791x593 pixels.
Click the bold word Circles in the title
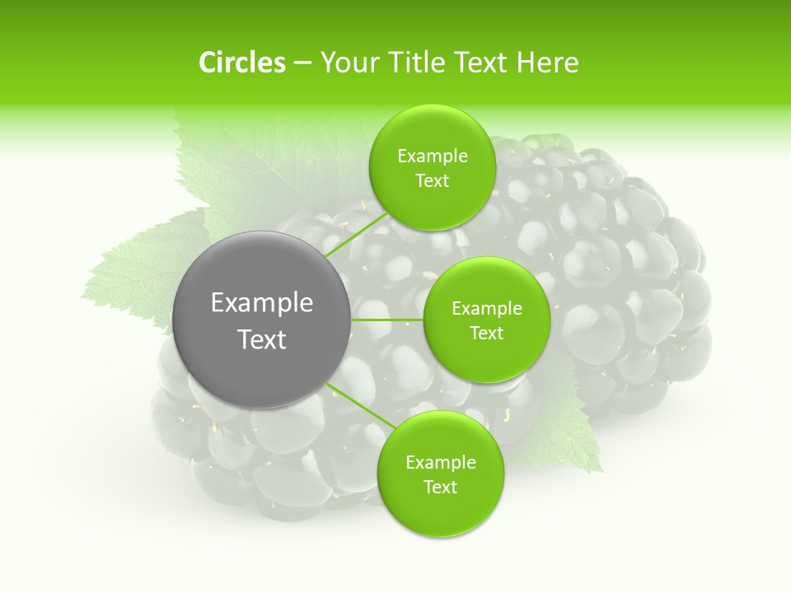(242, 63)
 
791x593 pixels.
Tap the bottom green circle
(440, 511)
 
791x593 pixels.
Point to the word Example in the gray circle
(262, 303)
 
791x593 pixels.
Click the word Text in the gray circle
(262, 339)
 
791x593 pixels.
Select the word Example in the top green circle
(433, 156)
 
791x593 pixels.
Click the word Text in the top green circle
(433, 181)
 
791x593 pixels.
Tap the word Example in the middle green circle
(487, 309)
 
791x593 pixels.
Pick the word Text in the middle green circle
(487, 334)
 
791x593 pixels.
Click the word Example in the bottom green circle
(441, 463)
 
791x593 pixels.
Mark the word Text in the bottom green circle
(441, 488)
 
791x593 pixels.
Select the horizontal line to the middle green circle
(387, 320)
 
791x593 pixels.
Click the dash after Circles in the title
(302, 63)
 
